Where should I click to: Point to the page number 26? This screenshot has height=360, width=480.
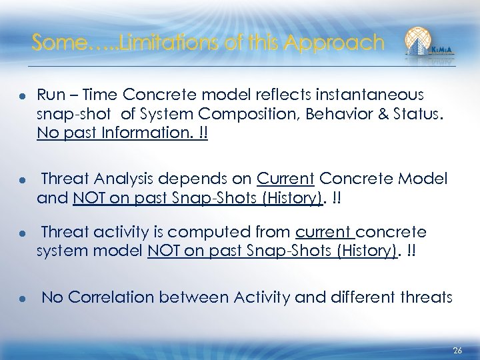click(457, 350)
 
